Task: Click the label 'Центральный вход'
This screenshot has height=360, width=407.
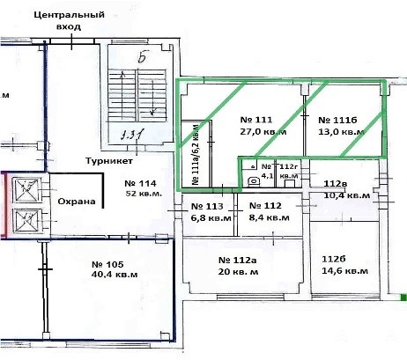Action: [69, 20]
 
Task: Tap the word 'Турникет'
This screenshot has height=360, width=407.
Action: [109, 161]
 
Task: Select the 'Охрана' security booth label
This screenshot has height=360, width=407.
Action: [77, 202]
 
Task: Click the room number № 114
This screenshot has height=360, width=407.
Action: [140, 184]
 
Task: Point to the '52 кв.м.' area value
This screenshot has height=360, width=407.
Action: [144, 194]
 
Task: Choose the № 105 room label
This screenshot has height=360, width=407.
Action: [107, 264]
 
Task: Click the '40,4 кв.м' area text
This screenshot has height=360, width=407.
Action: [115, 275]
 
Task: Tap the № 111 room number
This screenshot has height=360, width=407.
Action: [256, 120]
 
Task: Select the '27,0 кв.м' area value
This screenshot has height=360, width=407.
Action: [263, 131]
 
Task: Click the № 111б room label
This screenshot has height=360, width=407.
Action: [337, 120]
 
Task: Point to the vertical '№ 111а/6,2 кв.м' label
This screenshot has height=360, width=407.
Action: [196, 154]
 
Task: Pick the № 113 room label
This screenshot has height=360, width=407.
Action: [207, 206]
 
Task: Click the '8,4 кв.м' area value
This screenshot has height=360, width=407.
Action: [269, 217]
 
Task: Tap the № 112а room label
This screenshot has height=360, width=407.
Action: [237, 261]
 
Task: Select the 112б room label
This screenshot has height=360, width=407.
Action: [334, 260]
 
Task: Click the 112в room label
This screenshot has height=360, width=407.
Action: [335, 184]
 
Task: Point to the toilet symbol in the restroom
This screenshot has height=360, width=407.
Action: [253, 181]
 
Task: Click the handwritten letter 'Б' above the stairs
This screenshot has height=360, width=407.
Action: [143, 57]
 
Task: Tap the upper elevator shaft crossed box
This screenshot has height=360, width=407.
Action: [26, 190]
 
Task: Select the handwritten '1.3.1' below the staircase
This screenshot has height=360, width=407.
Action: [132, 136]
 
